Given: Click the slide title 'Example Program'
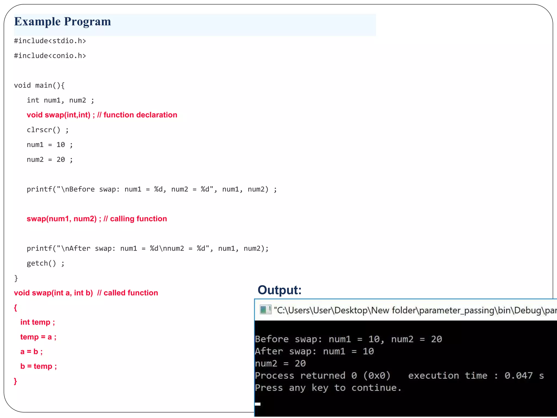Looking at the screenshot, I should (x=63, y=22).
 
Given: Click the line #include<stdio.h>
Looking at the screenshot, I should (x=50, y=41).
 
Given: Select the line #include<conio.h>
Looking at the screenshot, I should (x=50, y=56).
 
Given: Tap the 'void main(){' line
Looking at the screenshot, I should (x=39, y=85).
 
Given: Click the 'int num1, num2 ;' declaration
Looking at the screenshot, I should (x=60, y=100).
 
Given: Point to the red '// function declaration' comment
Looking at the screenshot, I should (x=137, y=115).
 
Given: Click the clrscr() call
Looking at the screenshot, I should (x=48, y=130).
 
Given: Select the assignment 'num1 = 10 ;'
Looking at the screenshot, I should (x=49, y=145).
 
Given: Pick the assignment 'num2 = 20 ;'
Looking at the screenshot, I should (x=49, y=159).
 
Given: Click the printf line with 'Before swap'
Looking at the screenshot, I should (x=151, y=189).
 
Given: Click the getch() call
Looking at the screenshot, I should (x=45, y=263).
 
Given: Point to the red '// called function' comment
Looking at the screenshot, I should (x=128, y=293).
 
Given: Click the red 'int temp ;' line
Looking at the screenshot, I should (x=38, y=322).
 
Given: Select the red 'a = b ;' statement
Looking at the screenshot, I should (x=32, y=352).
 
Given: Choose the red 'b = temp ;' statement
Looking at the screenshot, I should (x=39, y=366).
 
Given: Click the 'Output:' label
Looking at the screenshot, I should (x=279, y=290).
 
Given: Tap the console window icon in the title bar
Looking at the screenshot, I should (x=265, y=310).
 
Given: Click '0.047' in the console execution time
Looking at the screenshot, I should (x=518, y=376).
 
